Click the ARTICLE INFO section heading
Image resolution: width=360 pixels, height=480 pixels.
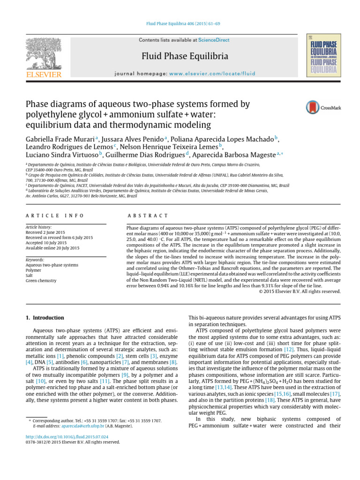coord(54,216)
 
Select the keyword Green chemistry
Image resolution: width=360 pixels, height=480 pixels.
coord(41,281)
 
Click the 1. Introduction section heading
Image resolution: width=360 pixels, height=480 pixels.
coord(45,319)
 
